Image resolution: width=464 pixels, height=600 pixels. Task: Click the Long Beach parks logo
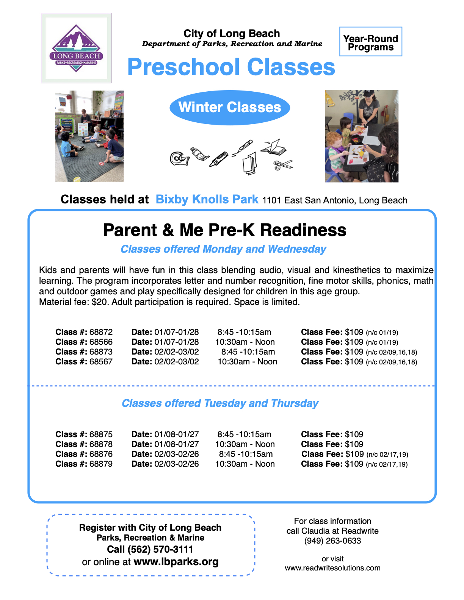(76, 48)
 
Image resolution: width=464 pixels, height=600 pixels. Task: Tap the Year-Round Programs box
(371, 42)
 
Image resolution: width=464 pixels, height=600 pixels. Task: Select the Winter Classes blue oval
(230, 108)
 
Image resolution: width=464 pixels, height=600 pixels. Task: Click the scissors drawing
(283, 165)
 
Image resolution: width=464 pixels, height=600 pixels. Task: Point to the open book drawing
(274, 147)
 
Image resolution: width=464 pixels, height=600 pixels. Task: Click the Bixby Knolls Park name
(207, 199)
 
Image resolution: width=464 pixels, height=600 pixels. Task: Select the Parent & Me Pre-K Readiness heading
(224, 230)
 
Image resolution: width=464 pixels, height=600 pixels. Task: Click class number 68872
(101, 332)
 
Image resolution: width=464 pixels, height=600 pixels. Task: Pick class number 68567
(101, 361)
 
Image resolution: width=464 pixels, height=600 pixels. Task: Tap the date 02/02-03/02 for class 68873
(176, 352)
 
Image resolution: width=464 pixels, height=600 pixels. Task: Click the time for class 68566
(245, 342)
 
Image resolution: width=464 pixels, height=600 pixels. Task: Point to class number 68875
(101, 434)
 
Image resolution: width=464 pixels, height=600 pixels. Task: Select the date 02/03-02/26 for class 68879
(176, 464)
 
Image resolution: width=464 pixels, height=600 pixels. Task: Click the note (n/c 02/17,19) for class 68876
(387, 454)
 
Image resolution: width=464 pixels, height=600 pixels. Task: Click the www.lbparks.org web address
(176, 562)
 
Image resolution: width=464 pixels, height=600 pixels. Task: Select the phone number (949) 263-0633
(332, 541)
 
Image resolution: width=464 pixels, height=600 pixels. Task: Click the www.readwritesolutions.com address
(332, 568)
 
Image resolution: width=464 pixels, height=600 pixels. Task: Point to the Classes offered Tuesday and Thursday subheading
(220, 403)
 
